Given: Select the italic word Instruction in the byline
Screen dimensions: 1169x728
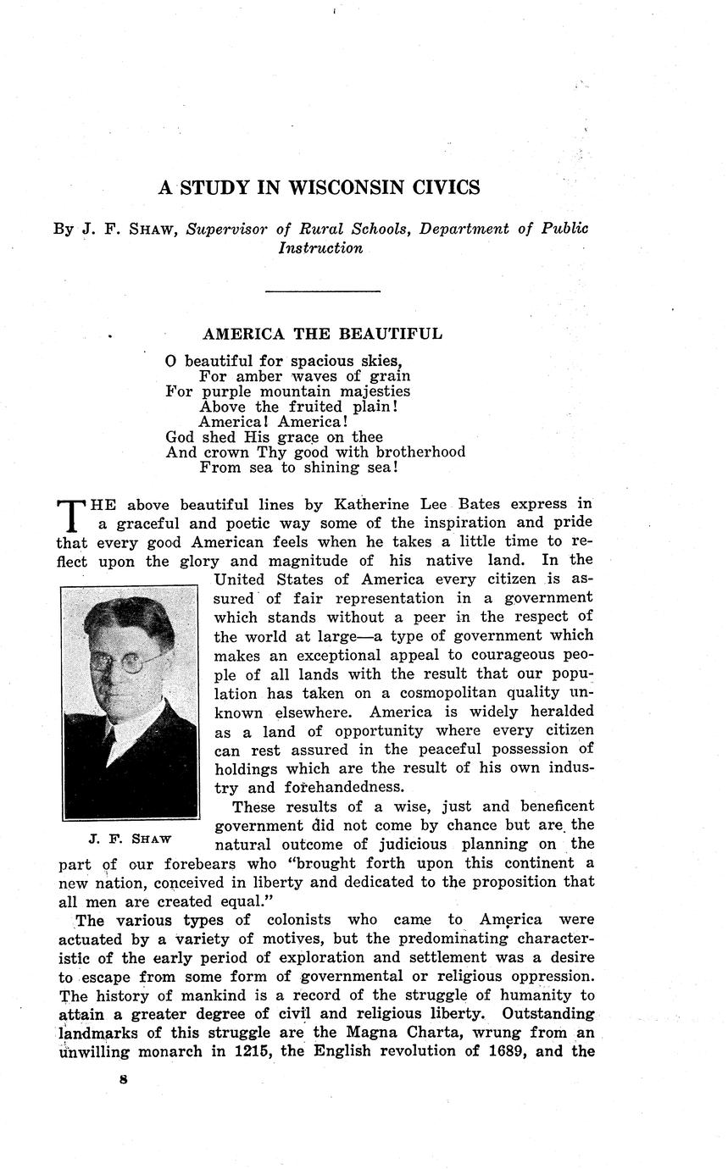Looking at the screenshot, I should click(320, 248).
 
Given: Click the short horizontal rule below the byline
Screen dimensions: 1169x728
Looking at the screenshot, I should click(322, 291).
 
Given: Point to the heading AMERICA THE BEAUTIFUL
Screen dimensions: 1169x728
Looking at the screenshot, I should click(322, 334).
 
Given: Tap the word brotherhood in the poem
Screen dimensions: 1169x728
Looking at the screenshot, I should click(420, 452).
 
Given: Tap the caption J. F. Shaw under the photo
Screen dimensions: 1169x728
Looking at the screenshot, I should click(130, 839).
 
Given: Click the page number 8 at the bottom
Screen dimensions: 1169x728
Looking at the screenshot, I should click(124, 1081).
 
